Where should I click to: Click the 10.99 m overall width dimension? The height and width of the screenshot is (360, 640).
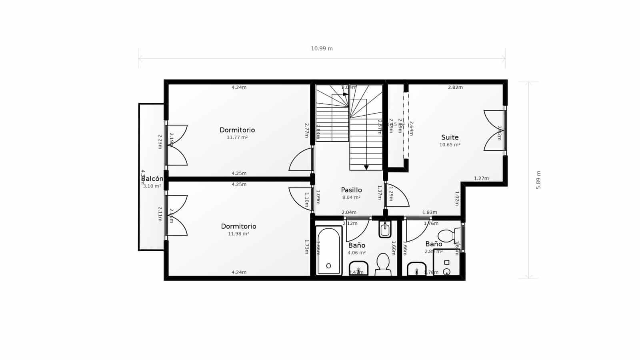[322, 49]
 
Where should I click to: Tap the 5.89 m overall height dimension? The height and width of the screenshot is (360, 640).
[538, 180]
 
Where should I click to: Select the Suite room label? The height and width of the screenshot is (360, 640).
[450, 137]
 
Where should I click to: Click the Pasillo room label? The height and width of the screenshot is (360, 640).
[351, 190]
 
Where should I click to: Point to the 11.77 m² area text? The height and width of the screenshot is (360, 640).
[237, 138]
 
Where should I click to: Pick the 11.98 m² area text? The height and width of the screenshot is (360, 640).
[238, 234]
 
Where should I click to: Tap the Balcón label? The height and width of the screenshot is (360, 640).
[152, 179]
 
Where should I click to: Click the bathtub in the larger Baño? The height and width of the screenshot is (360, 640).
[328, 251]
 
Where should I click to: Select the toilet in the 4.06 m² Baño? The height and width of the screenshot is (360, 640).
[383, 264]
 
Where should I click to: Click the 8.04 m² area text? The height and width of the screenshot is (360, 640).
[351, 198]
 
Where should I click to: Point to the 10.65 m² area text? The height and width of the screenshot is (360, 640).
[450, 145]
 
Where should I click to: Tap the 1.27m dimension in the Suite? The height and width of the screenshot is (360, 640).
[481, 178]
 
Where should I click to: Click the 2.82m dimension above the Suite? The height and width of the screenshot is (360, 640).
[455, 87]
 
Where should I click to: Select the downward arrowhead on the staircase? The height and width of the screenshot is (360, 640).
[366, 167]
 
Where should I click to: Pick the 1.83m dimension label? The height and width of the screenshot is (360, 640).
[430, 212]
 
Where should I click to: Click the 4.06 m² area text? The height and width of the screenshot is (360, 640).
[356, 253]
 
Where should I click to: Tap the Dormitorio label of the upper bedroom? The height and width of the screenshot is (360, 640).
[237, 130]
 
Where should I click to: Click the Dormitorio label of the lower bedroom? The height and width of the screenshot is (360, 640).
[238, 226]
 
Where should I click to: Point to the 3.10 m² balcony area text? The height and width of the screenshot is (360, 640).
[152, 186]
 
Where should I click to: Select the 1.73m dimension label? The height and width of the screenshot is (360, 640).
[307, 246]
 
